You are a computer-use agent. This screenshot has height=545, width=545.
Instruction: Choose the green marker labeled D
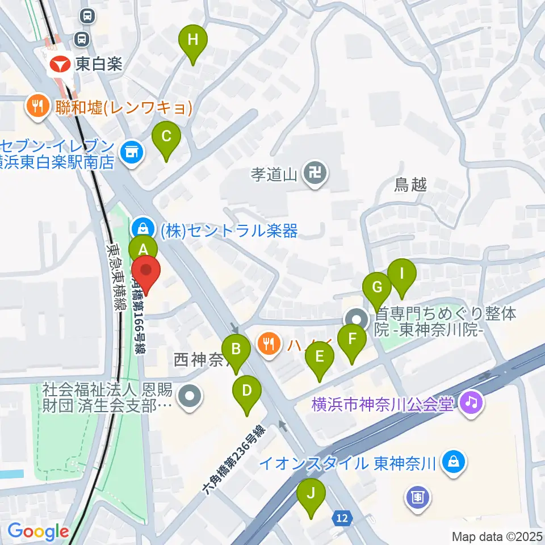pos(247,391)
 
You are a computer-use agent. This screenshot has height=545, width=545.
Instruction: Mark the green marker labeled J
pos(311,493)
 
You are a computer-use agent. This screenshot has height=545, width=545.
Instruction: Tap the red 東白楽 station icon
pos(60,64)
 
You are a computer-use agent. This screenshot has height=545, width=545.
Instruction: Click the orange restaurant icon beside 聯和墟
pos(37,106)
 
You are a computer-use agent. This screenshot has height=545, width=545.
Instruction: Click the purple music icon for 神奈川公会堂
pos(472,404)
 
